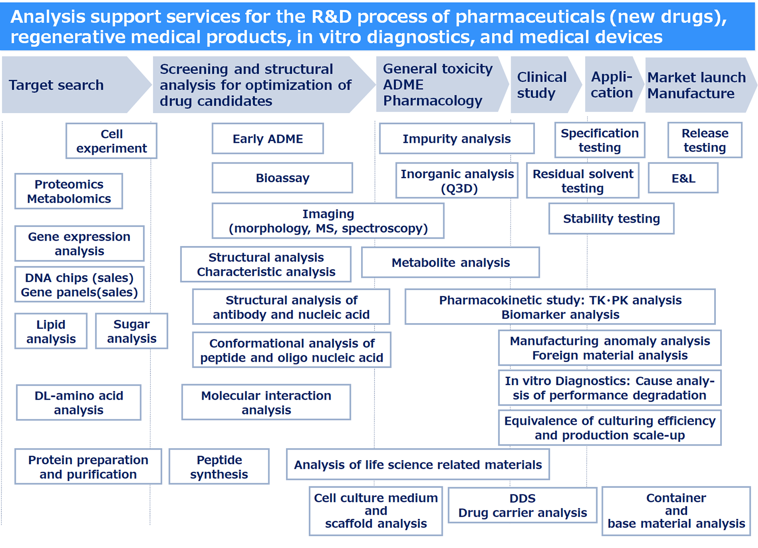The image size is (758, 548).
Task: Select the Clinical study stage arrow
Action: point(542,85)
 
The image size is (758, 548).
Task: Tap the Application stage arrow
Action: point(612,85)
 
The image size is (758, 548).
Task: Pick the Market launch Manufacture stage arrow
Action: point(696,85)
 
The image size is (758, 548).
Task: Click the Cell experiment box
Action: point(112,141)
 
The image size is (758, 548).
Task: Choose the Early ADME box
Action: point(268,139)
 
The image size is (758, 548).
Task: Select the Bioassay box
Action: point(282,178)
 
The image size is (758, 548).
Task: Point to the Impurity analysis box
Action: point(457,139)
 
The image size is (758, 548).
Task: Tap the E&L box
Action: point(683,178)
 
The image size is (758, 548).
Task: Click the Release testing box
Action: point(705,140)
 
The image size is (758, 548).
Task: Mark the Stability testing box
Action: point(612,219)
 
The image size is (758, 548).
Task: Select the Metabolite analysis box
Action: point(450,263)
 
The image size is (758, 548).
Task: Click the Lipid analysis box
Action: point(51,331)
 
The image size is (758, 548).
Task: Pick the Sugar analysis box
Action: point(131,331)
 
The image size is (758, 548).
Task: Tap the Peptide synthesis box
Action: point(219,467)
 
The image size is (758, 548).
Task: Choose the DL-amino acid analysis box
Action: point(79,403)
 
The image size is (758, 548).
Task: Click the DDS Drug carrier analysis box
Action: point(523,505)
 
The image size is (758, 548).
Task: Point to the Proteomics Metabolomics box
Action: point(69,191)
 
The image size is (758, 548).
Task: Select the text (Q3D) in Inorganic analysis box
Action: point(459,189)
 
